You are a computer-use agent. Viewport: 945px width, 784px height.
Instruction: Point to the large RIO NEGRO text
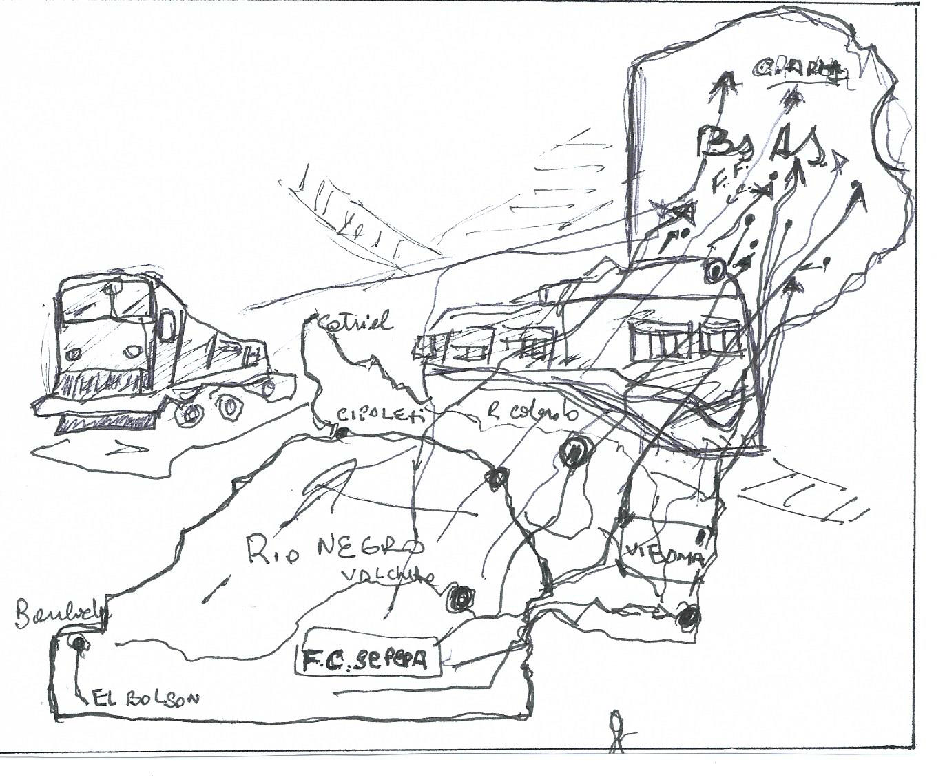pos(335,547)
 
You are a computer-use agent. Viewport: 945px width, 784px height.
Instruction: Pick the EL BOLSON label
pos(147,699)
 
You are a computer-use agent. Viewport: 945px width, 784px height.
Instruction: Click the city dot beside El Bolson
pos(79,644)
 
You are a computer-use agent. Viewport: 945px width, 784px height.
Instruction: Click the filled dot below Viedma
pos(687,617)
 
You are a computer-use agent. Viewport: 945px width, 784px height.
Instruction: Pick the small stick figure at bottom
pos(616,730)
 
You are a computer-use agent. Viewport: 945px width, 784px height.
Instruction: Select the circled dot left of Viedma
pos(573,452)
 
